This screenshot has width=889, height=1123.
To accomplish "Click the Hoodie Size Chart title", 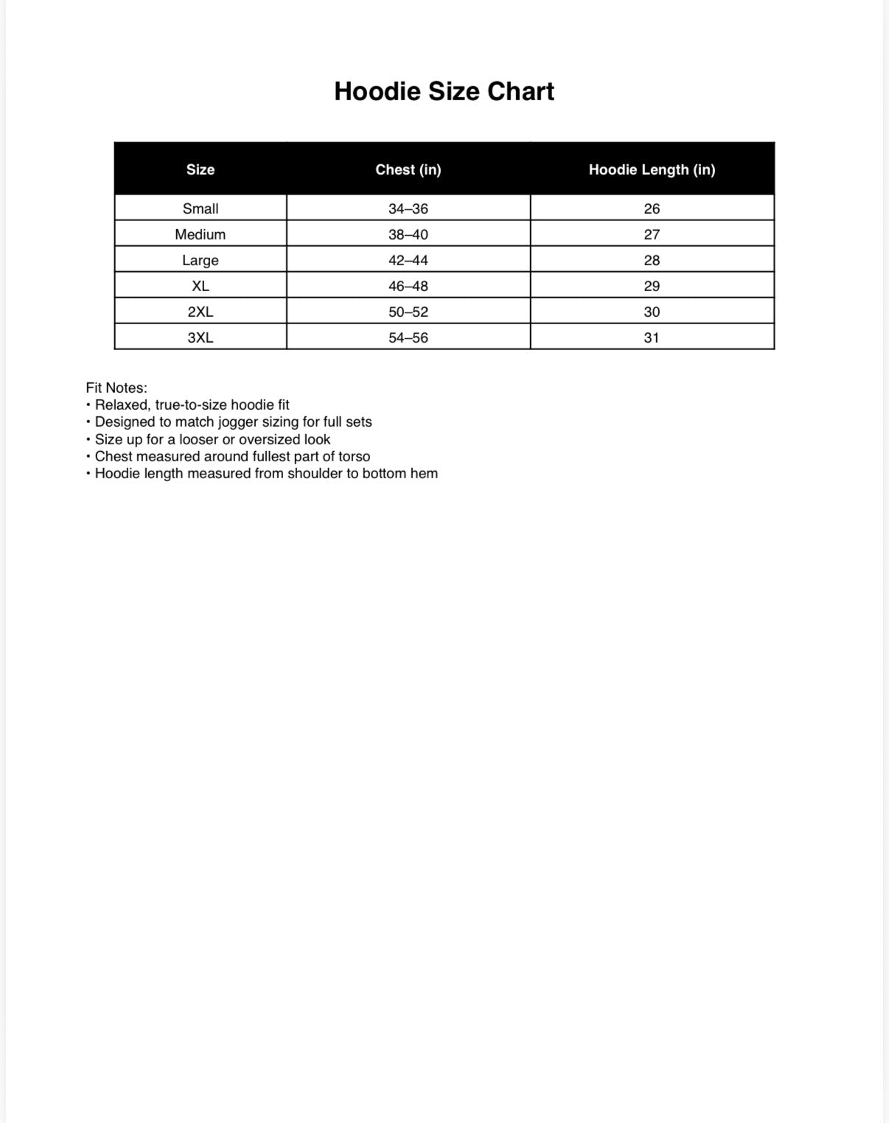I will click(444, 91).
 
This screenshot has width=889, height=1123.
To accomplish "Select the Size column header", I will click(201, 169).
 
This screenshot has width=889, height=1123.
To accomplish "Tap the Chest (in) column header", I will click(408, 169).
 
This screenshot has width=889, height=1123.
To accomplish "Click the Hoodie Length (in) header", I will click(652, 169).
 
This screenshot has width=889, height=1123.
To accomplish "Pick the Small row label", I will click(201, 209).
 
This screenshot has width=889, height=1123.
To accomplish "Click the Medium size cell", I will click(201, 234).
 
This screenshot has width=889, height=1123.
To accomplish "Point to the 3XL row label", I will click(201, 337).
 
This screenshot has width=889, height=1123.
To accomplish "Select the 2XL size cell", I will click(201, 312).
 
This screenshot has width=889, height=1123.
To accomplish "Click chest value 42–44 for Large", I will click(408, 260).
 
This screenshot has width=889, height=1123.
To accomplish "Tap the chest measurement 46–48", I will click(408, 286).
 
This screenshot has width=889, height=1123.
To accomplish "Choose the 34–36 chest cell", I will click(408, 209).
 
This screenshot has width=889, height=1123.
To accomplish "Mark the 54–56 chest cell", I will click(408, 337).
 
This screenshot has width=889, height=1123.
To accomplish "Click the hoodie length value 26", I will click(652, 209).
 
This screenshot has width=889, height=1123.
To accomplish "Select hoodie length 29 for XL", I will click(652, 286).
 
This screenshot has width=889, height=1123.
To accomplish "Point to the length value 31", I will click(652, 337).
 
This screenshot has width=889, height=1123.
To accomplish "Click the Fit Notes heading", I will click(116, 388).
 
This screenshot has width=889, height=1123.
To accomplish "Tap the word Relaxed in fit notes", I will click(122, 405).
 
